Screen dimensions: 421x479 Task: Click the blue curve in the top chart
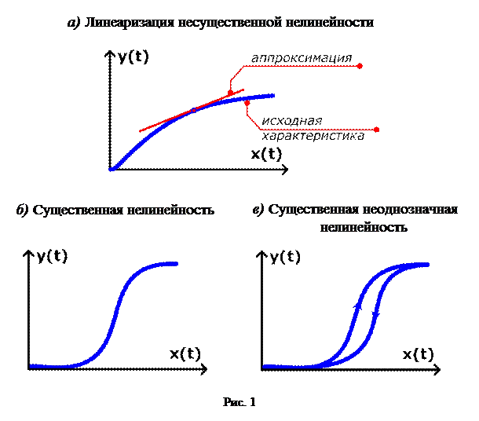(x=149, y=137)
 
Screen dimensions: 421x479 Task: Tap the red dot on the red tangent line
(x=230, y=93)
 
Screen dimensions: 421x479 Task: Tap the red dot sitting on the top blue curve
(x=247, y=101)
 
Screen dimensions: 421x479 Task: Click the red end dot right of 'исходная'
(x=378, y=129)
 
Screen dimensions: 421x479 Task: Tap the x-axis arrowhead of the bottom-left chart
(x=205, y=367)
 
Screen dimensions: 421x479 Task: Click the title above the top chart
(x=220, y=24)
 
